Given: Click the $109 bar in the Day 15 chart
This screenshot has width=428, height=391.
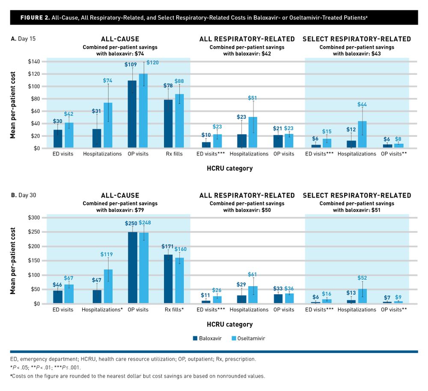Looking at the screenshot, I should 132,114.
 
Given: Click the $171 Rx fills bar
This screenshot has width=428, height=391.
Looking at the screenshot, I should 168,279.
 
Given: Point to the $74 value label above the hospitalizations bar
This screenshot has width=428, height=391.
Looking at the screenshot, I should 109,81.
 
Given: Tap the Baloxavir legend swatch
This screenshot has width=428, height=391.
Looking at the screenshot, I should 195,338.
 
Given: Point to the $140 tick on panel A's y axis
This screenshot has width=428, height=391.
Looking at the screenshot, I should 31,62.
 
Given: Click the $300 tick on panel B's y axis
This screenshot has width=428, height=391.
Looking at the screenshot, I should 31,218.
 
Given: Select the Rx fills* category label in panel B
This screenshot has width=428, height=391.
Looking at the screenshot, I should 173,309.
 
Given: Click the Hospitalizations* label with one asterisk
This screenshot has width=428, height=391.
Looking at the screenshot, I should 103,309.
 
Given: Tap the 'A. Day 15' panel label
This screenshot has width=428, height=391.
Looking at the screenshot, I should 24,39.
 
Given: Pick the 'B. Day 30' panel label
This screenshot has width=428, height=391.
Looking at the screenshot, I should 24,195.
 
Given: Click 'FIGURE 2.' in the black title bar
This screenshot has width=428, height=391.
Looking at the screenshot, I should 34,18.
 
